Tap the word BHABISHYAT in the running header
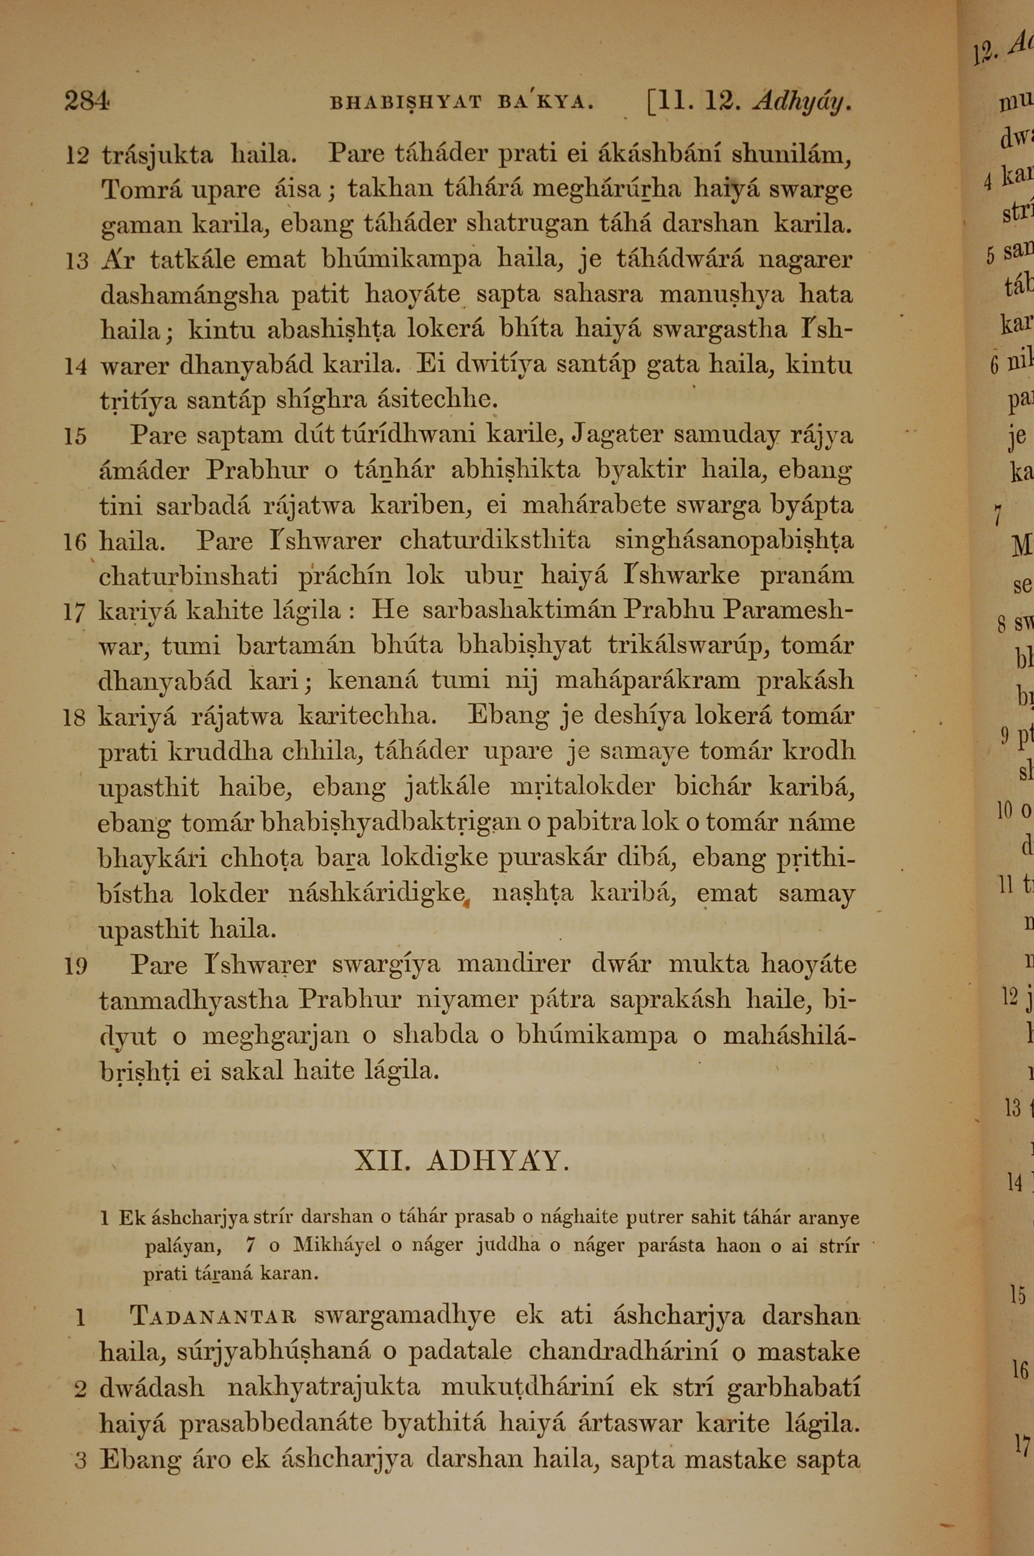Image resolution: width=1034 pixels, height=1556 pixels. pos(405,103)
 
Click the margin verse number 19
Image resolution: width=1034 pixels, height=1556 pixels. pos(76,966)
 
